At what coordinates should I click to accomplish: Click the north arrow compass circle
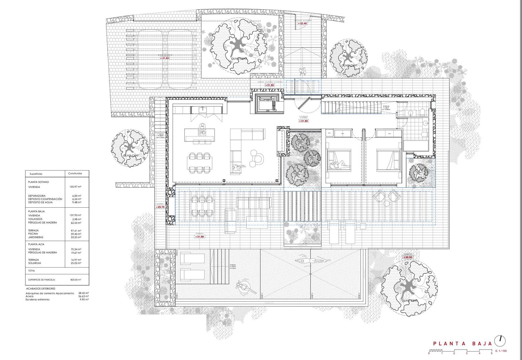point(500,341)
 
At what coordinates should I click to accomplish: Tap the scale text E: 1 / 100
point(501,351)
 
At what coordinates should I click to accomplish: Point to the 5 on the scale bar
point(491,353)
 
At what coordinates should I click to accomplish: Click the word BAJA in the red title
point(482,343)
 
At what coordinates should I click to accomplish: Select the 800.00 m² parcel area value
point(76,280)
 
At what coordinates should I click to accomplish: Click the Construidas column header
point(75,174)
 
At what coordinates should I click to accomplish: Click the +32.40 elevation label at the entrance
point(302,23)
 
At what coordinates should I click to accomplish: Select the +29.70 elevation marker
point(160,207)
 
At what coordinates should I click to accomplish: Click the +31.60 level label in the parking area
point(164,58)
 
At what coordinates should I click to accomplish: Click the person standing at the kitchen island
point(202,129)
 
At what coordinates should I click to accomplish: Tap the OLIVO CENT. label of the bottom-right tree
point(409,301)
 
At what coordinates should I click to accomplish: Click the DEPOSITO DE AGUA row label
point(40,202)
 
